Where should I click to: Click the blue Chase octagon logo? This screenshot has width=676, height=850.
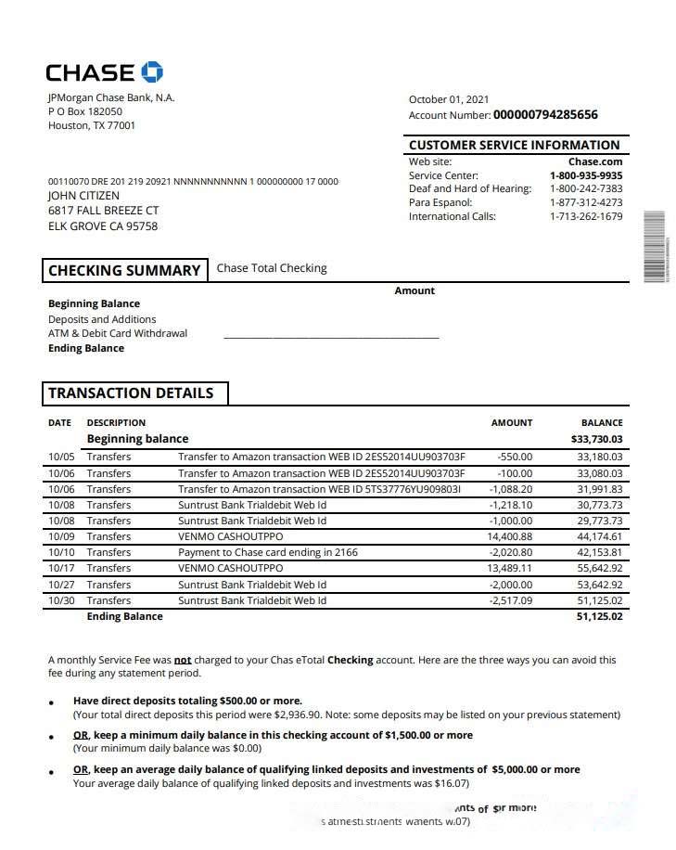tap(151, 71)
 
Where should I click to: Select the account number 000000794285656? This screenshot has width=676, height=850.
tap(545, 115)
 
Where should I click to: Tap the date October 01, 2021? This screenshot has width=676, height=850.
tap(449, 99)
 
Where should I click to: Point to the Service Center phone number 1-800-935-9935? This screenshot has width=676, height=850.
tap(586, 175)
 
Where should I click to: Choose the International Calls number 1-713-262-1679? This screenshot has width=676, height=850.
tap(586, 216)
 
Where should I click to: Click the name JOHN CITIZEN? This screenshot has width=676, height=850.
tap(83, 196)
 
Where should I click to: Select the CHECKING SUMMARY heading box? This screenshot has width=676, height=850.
tap(124, 270)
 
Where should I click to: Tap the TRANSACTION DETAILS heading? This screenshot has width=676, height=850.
tap(131, 393)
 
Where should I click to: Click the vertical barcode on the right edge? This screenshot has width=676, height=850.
tap(654, 246)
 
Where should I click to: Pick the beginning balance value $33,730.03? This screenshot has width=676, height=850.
tap(597, 439)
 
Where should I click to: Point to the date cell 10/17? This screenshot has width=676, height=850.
tap(61, 568)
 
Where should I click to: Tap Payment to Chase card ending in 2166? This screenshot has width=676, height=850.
tap(268, 552)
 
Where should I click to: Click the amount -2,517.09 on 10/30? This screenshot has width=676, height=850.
tap(511, 600)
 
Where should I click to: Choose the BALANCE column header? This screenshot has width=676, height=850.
tap(602, 422)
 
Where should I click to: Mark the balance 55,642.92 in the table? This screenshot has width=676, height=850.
tap(600, 568)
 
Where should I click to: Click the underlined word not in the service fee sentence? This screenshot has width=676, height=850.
tap(183, 661)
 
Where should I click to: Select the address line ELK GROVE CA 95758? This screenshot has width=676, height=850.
tap(103, 225)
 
